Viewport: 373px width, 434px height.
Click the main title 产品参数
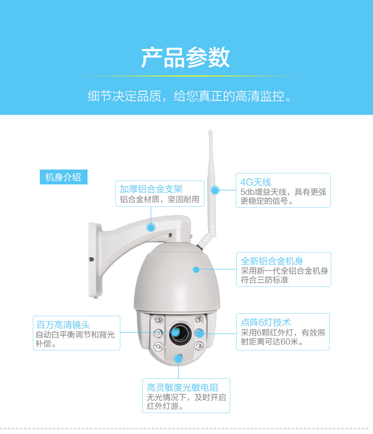[186, 58]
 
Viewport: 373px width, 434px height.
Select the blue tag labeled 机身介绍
[64, 177]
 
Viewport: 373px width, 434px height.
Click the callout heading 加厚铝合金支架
[151, 189]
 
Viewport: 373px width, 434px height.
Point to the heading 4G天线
[256, 182]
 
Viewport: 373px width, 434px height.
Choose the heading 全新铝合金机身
[272, 261]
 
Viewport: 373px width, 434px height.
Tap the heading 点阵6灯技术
[266, 323]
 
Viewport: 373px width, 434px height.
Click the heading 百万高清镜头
[63, 325]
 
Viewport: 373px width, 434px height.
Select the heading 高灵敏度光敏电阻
[183, 387]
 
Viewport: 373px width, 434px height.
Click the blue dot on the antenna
[215, 190]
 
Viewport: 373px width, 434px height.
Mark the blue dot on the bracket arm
[151, 228]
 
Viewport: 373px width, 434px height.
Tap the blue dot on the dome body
[196, 269]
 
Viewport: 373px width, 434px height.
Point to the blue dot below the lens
[179, 358]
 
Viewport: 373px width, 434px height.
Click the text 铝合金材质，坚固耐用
[160, 199]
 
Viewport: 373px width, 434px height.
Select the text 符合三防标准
[265, 280]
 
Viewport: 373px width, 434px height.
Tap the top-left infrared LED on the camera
[158, 321]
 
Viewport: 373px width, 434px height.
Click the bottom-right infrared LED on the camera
[199, 346]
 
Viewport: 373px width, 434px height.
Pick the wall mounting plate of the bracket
[94, 260]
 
